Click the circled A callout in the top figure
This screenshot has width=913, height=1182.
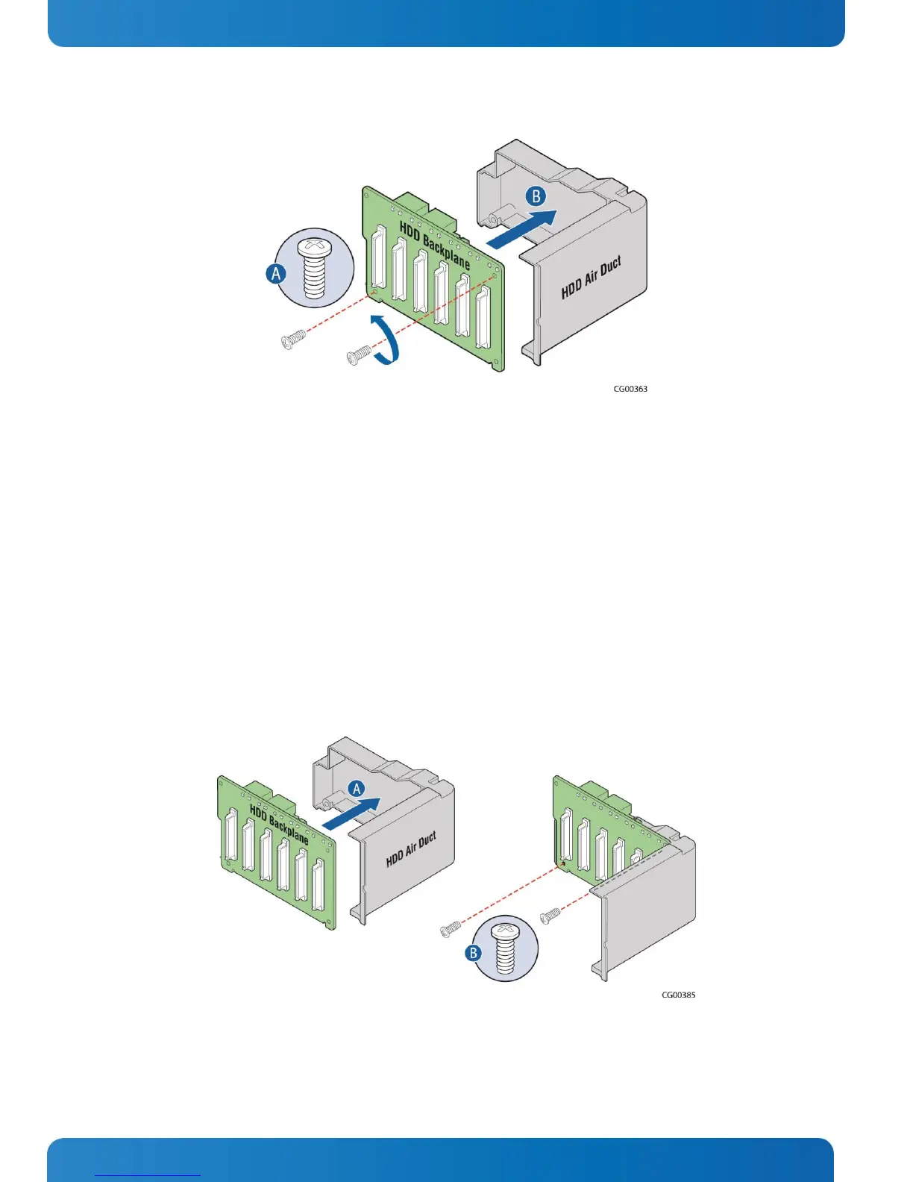tap(277, 273)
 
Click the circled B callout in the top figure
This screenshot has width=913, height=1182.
tap(536, 196)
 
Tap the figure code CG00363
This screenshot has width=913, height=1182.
tap(630, 389)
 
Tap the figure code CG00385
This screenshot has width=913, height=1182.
tap(679, 995)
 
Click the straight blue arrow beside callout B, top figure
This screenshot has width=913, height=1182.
tap(521, 228)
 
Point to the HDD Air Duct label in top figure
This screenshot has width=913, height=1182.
tap(591, 278)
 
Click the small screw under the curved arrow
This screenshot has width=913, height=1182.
tap(359, 355)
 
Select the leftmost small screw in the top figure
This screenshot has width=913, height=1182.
tap(293, 340)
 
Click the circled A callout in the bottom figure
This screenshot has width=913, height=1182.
tap(357, 789)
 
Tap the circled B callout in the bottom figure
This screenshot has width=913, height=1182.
tap(473, 953)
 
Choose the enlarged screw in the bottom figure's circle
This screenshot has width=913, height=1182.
tap(506, 948)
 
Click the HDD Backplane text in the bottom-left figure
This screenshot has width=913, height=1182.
tap(278, 825)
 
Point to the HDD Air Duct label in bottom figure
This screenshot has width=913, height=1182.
tap(411, 850)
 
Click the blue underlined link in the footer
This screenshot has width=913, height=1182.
tap(148, 1175)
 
